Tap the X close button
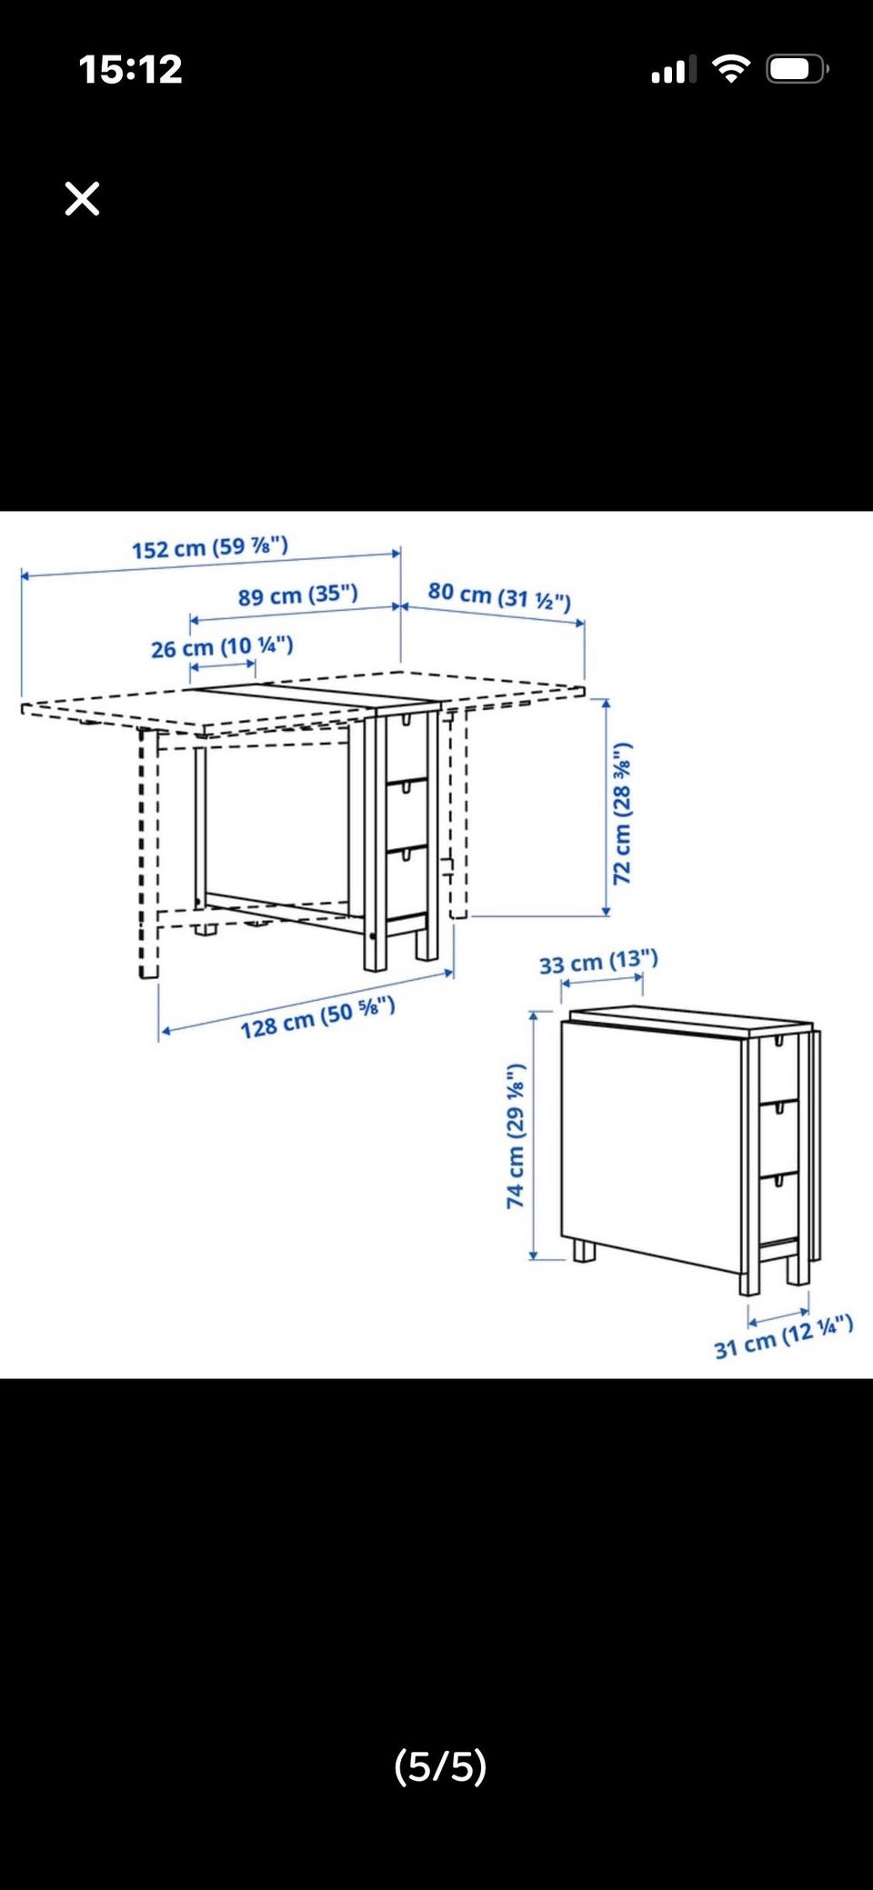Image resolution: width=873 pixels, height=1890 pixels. tap(82, 198)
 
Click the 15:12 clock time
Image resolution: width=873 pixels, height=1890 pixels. tap(130, 70)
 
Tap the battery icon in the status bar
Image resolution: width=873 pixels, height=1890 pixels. tap(798, 69)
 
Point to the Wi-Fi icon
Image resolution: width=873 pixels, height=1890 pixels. tap(731, 68)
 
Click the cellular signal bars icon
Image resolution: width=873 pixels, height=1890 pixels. tap(674, 70)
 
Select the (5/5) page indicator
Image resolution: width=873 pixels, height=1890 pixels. tap(440, 1766)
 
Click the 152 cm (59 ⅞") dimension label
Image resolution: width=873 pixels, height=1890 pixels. tap(210, 547)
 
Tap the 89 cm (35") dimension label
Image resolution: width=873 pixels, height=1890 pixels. tap(298, 595)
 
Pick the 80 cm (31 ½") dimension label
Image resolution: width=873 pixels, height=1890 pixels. tap(499, 596)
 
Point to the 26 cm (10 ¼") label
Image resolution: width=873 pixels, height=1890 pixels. tap(222, 647)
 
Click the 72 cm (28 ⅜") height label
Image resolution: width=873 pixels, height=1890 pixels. tap(622, 814)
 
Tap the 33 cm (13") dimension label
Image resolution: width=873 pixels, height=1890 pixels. tap(598, 962)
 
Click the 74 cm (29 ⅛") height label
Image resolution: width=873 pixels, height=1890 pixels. tap(516, 1136)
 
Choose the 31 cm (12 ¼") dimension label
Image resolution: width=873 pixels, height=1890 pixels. tap(783, 1337)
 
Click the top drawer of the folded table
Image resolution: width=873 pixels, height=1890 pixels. tap(778, 1069)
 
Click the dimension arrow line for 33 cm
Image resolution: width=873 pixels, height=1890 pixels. tap(603, 981)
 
